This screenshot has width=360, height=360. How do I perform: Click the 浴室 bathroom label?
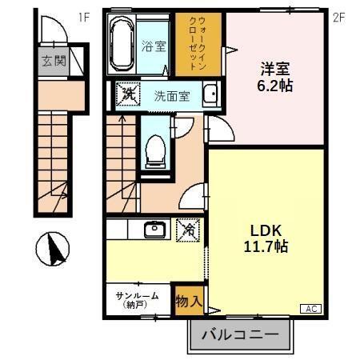pyautogui.click(x=154, y=46)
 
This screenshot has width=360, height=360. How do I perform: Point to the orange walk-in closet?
pyautogui.click(x=198, y=45)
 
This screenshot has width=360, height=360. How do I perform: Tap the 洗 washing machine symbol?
pyautogui.click(x=126, y=94)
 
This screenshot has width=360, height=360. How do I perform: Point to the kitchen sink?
pyautogui.click(x=154, y=230)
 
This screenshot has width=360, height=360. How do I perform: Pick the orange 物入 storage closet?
pyautogui.click(x=189, y=301)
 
